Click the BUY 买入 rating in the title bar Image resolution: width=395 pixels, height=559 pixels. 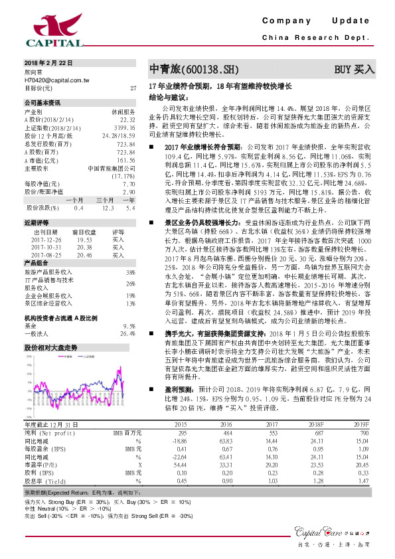pos(354,68)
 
